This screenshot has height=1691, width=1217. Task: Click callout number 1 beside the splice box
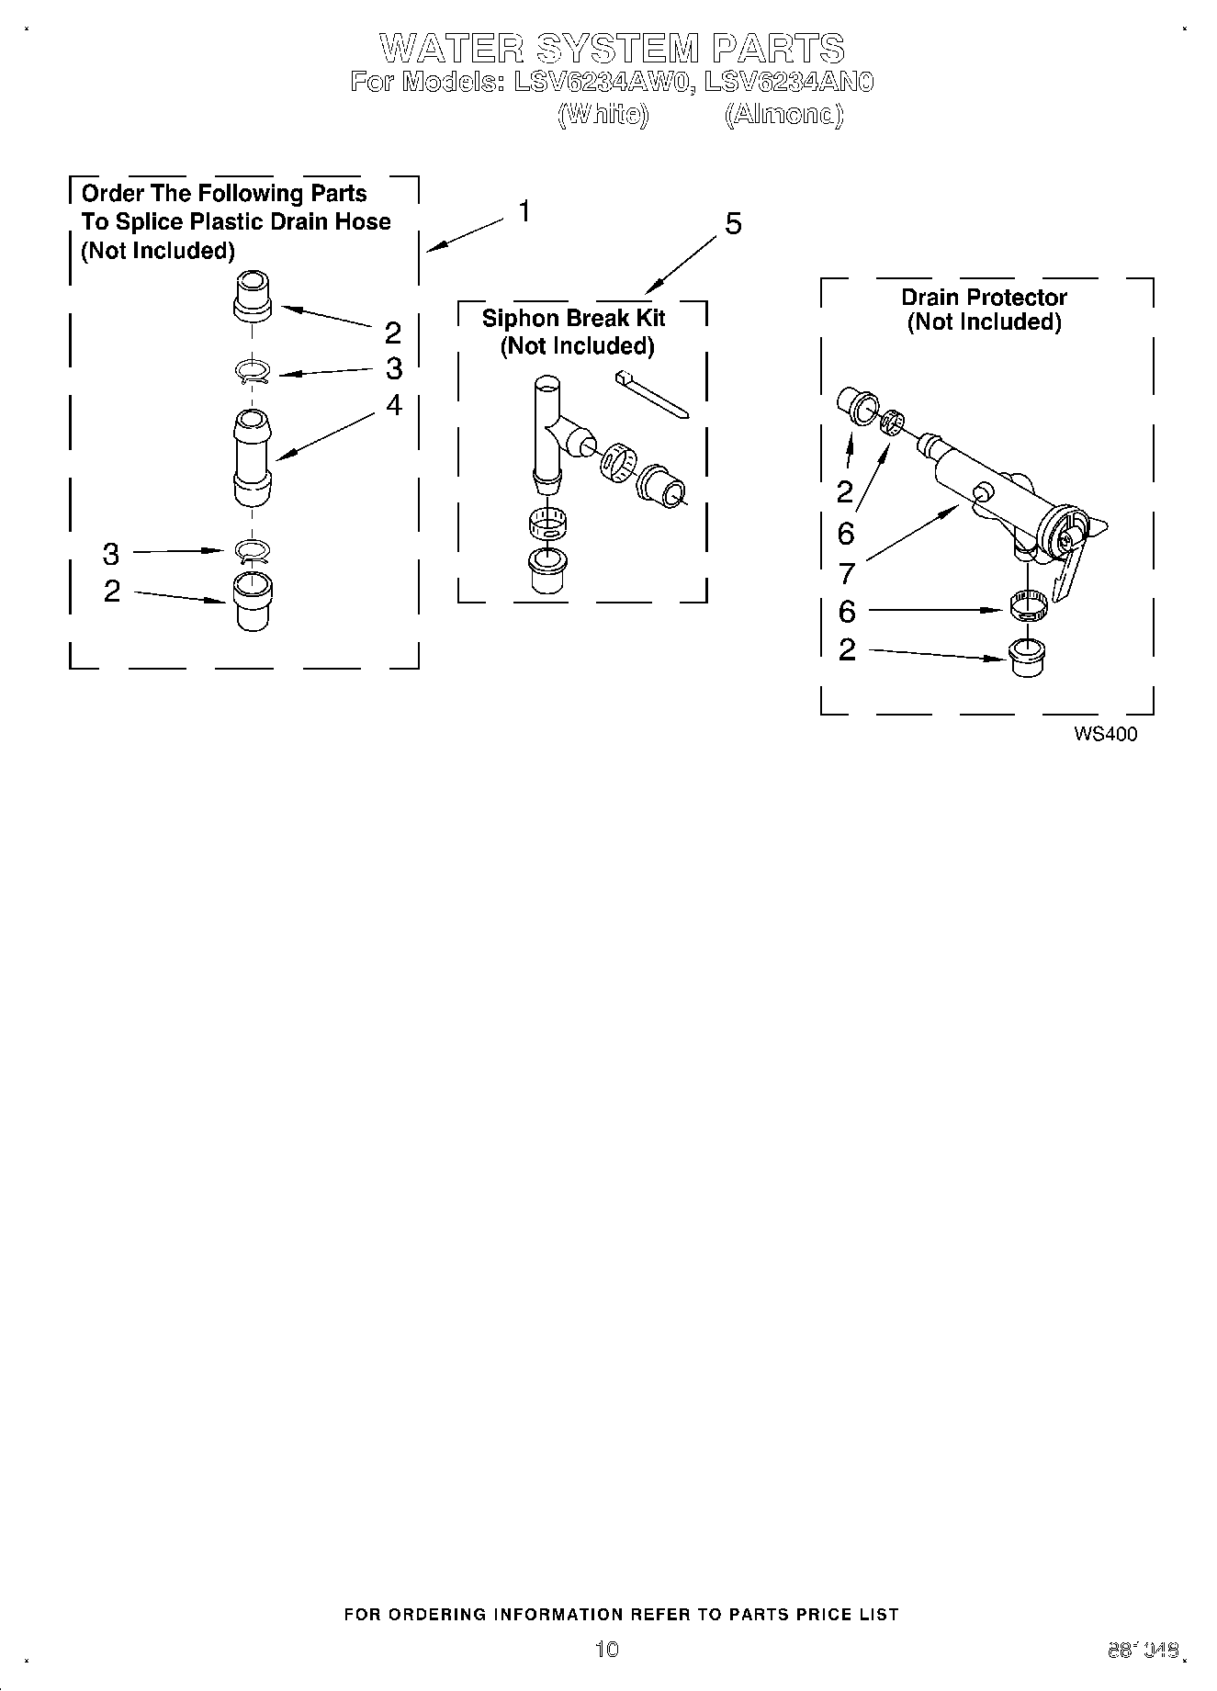point(524,212)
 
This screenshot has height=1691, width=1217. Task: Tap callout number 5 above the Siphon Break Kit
point(732,224)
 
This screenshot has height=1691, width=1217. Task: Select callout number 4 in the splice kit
point(394,405)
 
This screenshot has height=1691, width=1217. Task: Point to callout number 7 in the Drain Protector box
point(847,573)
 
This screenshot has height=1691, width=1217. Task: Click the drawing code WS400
point(1105,734)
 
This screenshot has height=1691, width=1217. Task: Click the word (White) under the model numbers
point(603,115)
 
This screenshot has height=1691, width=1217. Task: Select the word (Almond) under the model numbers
point(783,115)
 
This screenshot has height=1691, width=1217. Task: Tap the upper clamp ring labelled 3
point(251,372)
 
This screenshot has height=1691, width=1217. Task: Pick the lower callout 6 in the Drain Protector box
point(847,611)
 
